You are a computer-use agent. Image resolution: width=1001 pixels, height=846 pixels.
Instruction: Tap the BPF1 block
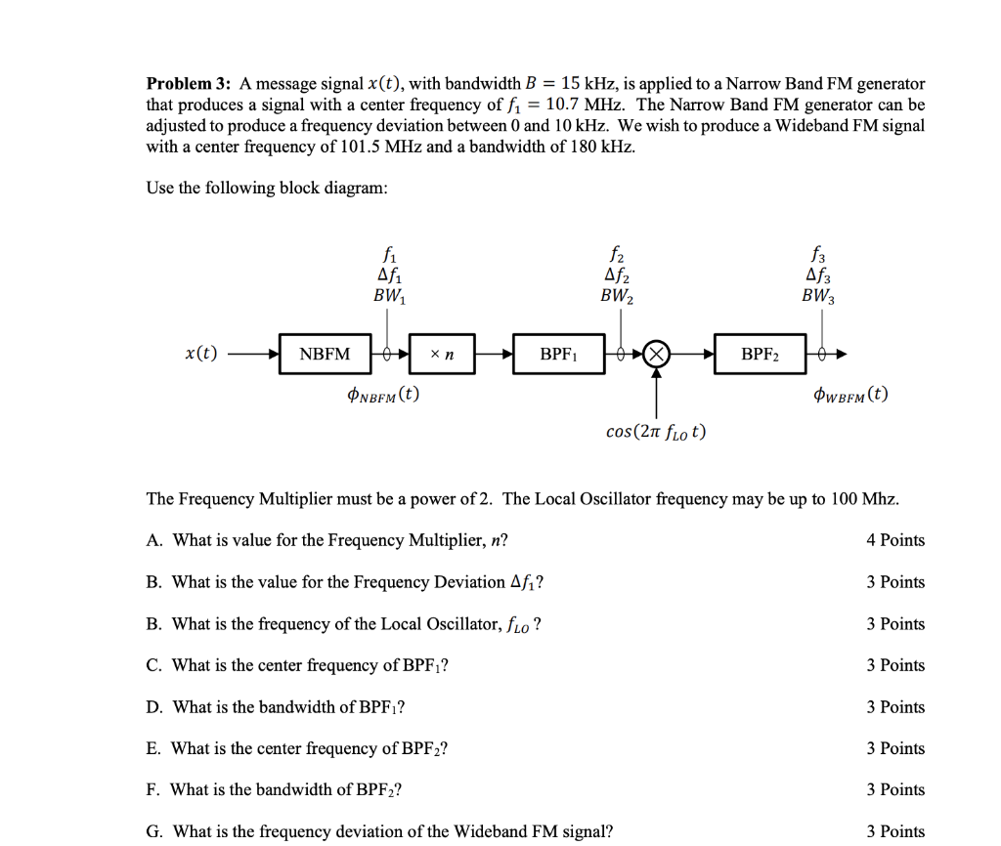557,354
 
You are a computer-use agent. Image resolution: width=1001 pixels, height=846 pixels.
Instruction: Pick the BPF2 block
760,354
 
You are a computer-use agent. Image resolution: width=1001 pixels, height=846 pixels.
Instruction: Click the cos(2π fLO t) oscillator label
656,431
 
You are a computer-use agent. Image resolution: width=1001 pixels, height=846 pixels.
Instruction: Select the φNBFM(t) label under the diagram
383,396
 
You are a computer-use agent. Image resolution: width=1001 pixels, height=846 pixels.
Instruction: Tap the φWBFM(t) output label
850,396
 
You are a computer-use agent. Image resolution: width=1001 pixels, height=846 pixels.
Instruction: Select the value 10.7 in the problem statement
568,105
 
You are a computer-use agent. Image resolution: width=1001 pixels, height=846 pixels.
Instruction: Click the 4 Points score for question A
894,540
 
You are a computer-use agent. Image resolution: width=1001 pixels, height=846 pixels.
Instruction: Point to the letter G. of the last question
154,831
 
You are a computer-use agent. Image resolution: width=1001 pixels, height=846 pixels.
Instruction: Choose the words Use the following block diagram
267,188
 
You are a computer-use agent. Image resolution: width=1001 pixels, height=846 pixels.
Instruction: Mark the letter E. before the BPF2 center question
153,748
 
